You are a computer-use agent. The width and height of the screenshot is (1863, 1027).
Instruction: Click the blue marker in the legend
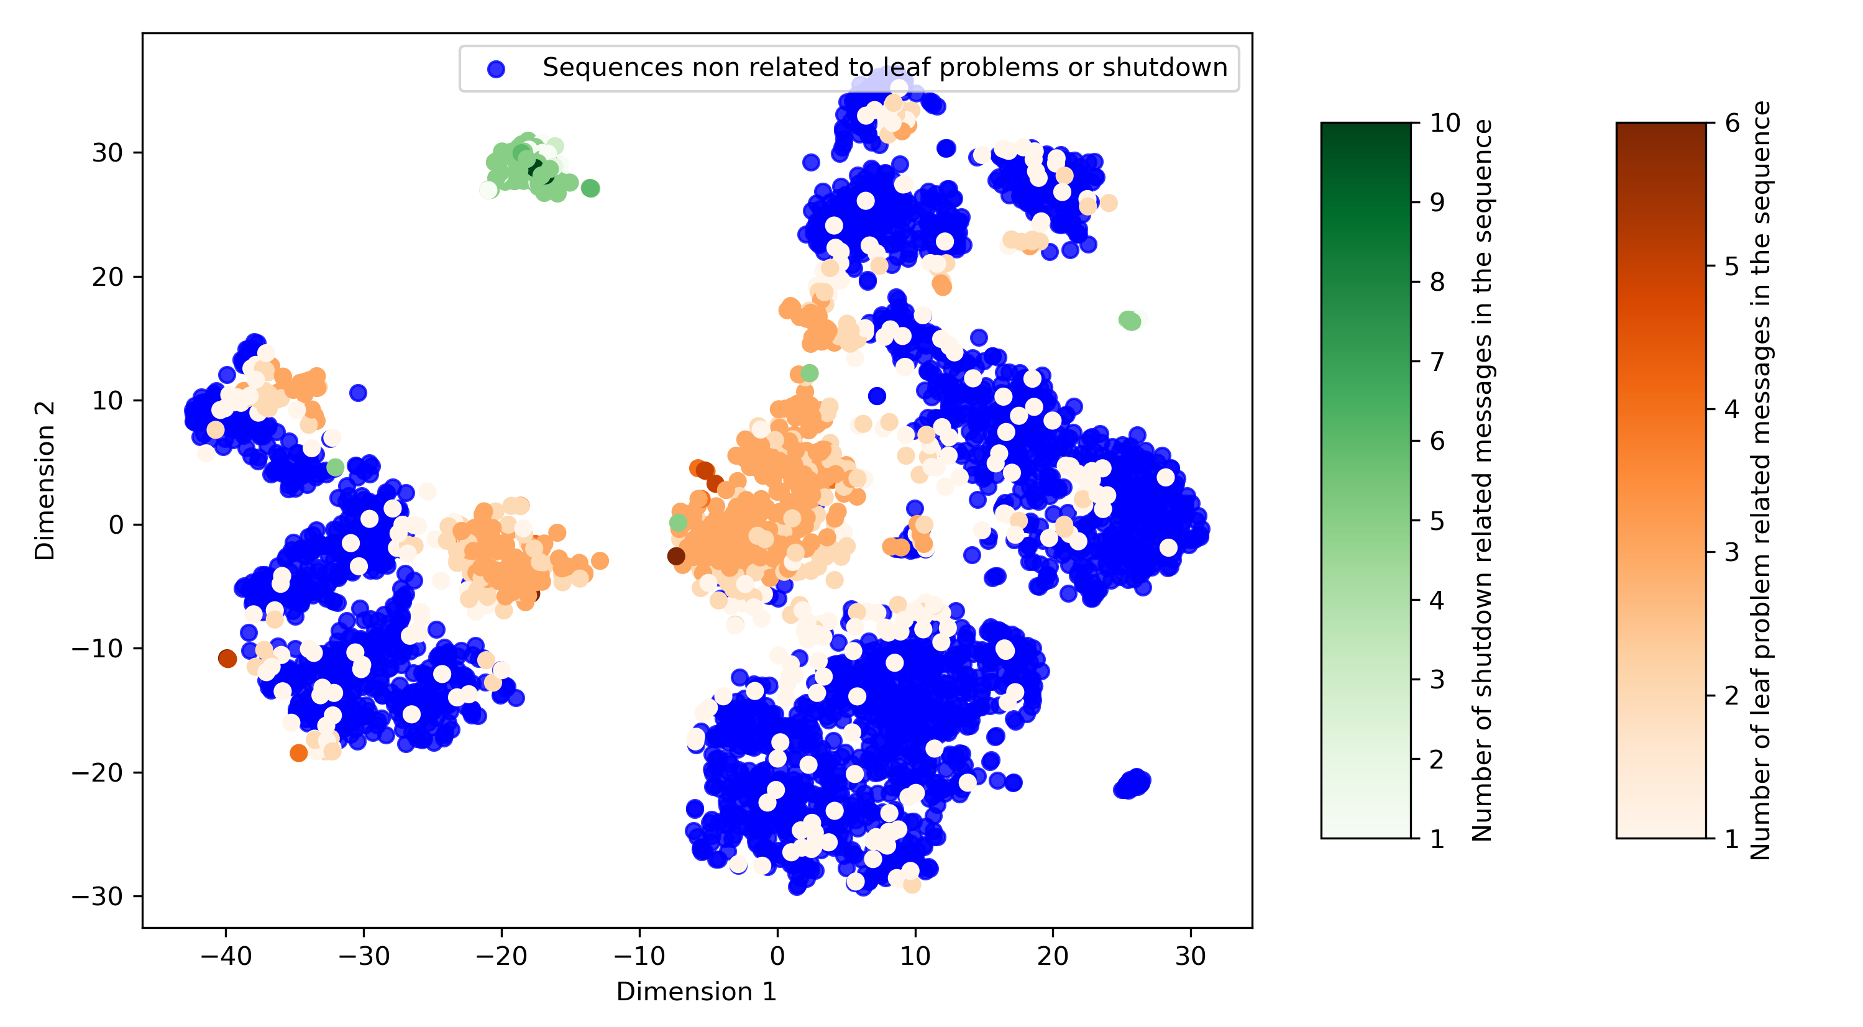pyautogui.click(x=496, y=69)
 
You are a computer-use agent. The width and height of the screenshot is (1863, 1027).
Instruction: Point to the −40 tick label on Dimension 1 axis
pyautogui.click(x=226, y=956)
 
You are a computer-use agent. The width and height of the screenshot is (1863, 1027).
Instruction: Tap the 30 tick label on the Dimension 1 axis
pyautogui.click(x=1191, y=956)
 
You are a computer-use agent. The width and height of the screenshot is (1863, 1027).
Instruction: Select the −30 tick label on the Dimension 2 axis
pyautogui.click(x=97, y=897)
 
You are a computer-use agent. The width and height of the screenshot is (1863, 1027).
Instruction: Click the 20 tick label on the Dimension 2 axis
pyautogui.click(x=107, y=277)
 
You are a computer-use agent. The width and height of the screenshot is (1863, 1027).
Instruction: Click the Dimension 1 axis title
pyautogui.click(x=697, y=992)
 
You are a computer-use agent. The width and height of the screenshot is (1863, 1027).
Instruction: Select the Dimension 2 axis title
pyautogui.click(x=45, y=481)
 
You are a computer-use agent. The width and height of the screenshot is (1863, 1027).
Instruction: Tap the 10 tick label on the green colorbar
pyautogui.click(x=1445, y=123)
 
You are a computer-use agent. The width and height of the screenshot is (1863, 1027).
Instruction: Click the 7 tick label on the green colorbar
pyautogui.click(x=1437, y=362)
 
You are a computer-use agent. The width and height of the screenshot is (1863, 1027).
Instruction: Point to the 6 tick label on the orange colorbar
pyautogui.click(x=1732, y=123)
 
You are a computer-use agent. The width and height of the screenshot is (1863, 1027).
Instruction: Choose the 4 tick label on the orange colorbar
pyautogui.click(x=1732, y=409)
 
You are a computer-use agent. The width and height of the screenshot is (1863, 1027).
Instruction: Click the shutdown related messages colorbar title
pyautogui.click(x=1482, y=481)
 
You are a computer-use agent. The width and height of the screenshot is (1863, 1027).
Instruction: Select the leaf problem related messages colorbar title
pyautogui.click(x=1760, y=481)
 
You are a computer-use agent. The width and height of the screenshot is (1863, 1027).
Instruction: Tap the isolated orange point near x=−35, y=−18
pyautogui.click(x=299, y=753)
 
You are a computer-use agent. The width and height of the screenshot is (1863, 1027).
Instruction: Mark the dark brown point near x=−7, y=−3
pyautogui.click(x=676, y=555)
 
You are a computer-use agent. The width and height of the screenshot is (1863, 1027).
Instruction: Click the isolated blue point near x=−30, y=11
pyautogui.click(x=358, y=393)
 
